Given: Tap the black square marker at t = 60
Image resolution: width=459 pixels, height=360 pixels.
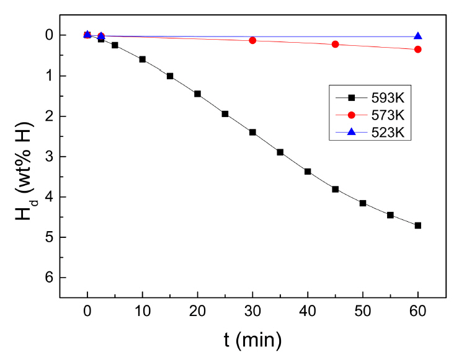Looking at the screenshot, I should click(418, 226).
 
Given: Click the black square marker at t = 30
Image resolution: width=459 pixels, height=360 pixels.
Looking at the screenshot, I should click(252, 132).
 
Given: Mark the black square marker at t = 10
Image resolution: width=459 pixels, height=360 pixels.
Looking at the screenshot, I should click(143, 59).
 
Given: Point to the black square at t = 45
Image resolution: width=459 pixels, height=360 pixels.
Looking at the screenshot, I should click(336, 189).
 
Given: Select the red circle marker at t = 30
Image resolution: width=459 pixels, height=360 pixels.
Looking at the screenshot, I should click(252, 40).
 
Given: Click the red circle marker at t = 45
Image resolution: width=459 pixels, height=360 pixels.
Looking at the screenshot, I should click(336, 44).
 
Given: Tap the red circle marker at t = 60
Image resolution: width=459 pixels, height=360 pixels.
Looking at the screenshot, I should click(418, 49).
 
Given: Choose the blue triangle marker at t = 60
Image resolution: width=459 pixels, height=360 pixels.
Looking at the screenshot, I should click(418, 36).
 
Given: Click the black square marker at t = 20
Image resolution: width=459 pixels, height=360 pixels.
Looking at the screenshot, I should click(197, 94).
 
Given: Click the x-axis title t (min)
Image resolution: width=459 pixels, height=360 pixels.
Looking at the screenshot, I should click(252, 340).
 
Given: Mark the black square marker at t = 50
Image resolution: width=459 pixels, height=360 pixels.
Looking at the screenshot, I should click(363, 203).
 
